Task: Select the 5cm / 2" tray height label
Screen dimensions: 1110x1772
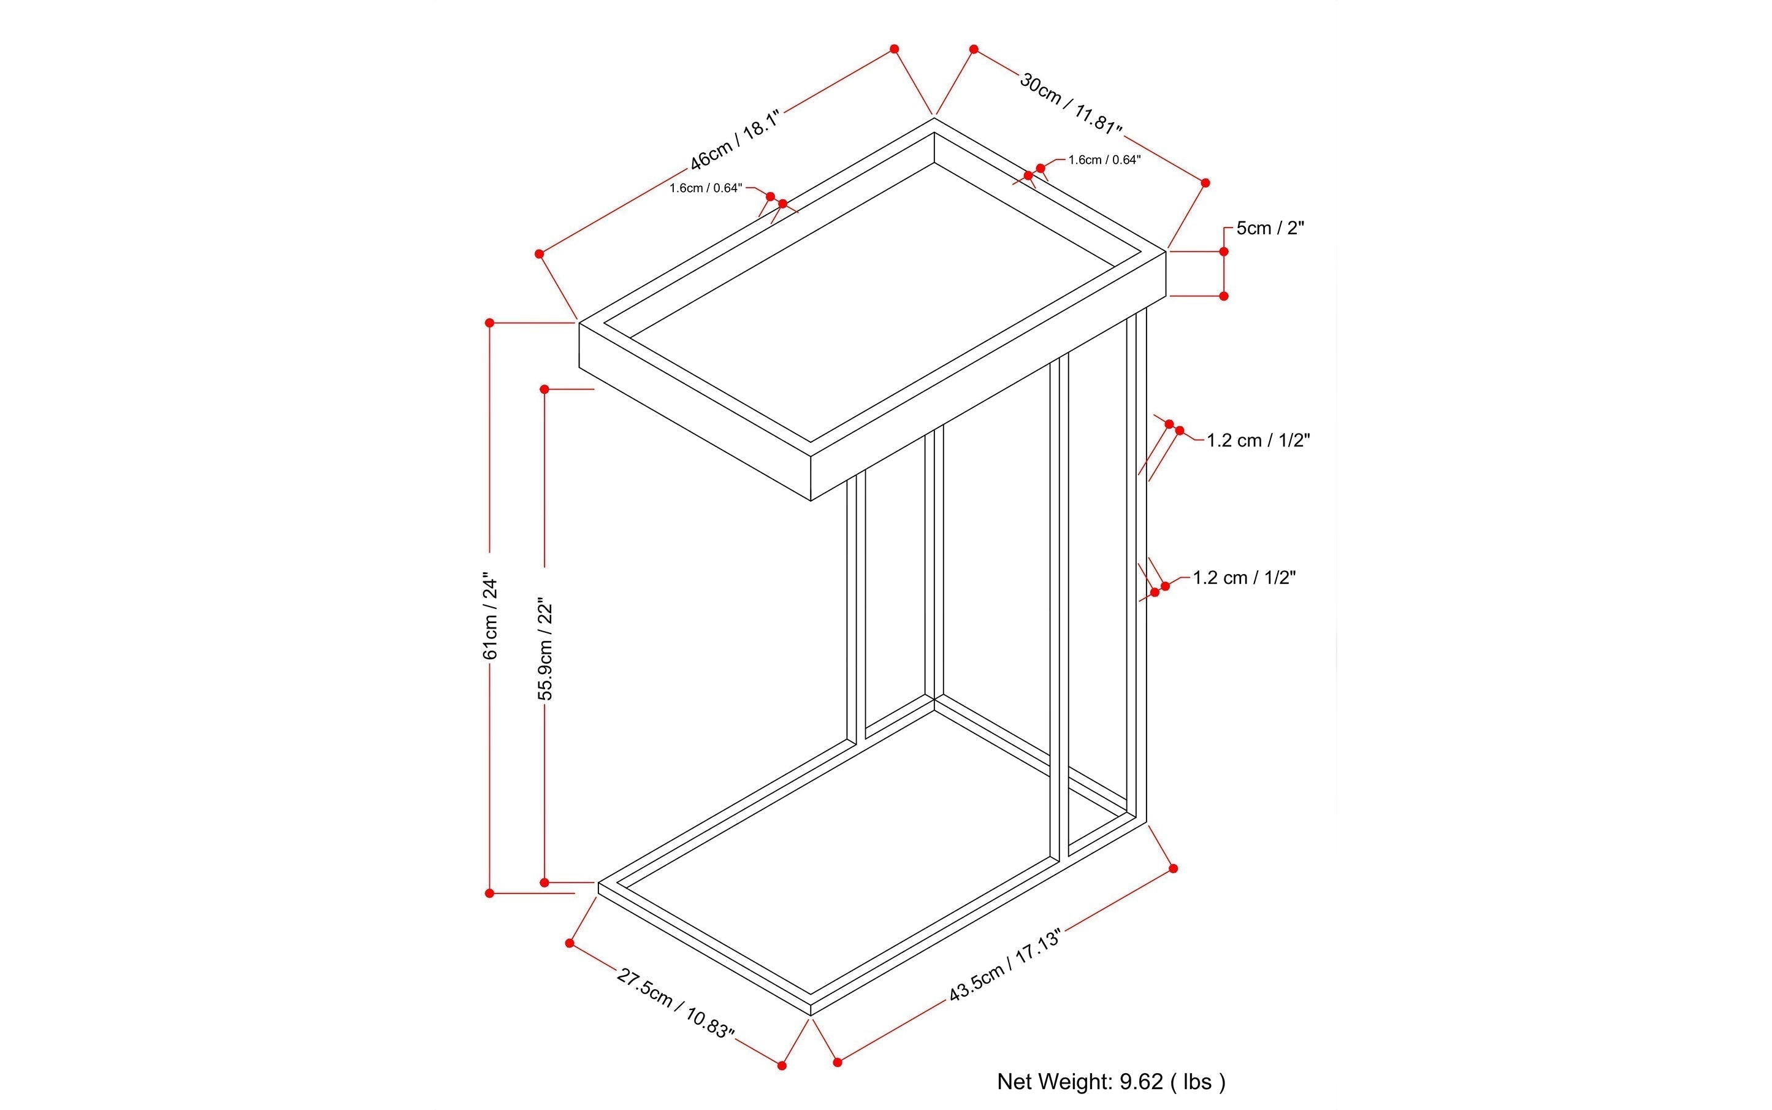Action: pyautogui.click(x=1270, y=228)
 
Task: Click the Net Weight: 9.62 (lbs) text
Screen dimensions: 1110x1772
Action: pyautogui.click(x=1110, y=1081)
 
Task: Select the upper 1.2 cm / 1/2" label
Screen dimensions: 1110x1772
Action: pyautogui.click(x=1258, y=440)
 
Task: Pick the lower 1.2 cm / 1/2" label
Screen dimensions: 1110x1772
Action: pyautogui.click(x=1244, y=578)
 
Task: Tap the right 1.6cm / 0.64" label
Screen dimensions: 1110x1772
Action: pyautogui.click(x=1104, y=160)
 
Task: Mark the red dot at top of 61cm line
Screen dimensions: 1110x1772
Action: pyautogui.click(x=490, y=323)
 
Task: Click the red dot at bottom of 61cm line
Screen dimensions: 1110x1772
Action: pyautogui.click(x=490, y=894)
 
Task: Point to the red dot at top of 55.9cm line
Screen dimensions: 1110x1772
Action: pyautogui.click(x=544, y=389)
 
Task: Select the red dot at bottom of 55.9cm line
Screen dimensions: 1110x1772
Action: pyautogui.click(x=544, y=882)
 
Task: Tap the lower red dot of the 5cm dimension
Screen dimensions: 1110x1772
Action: pyautogui.click(x=1224, y=296)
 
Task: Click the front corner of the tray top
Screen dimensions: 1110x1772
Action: pyautogui.click(x=811, y=456)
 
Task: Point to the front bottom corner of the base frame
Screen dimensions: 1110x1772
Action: pyautogui.click(x=811, y=1016)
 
